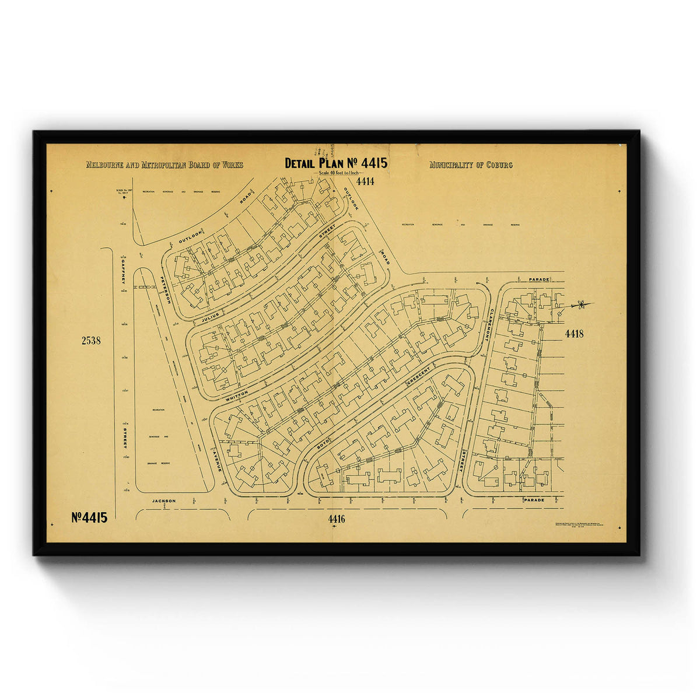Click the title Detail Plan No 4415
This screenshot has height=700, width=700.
coord(335,163)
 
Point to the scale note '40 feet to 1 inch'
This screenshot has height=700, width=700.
coord(338,173)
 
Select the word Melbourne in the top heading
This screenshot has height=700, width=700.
coord(104,165)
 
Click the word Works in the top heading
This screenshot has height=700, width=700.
coord(231,165)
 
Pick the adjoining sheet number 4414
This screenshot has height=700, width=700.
coord(365,181)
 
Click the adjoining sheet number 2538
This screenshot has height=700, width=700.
coord(91,341)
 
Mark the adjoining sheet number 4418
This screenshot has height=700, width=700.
coord(574,334)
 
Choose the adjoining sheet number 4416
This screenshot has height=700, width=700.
coord(337,519)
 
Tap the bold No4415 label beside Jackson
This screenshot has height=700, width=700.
coord(89,517)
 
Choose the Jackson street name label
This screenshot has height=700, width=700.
coord(164,501)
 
